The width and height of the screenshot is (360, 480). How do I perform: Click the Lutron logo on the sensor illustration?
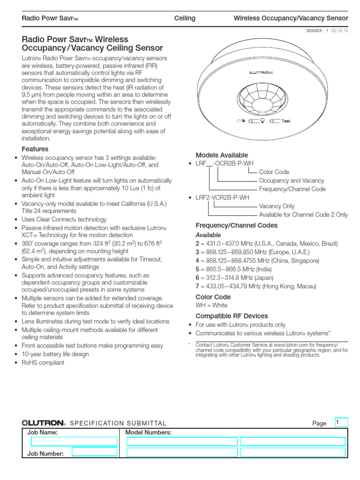tap(274, 72)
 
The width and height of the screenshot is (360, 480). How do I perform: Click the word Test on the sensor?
tap(286, 121)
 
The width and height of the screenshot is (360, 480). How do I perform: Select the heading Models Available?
tap(222, 155)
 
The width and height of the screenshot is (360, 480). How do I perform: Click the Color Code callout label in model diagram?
tap(274, 172)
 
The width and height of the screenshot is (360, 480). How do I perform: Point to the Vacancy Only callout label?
tap(277, 206)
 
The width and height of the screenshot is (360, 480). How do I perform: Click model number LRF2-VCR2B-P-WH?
tap(222, 198)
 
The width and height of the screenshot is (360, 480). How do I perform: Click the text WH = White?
tap(211, 305)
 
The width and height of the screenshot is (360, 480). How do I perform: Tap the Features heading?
tap(35, 149)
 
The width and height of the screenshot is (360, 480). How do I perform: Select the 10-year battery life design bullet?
tap(55, 354)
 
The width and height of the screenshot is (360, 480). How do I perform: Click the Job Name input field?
tap(74, 442)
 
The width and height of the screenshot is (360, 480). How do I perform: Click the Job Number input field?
tap(95, 452)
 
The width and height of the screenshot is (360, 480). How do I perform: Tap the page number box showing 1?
tap(341, 422)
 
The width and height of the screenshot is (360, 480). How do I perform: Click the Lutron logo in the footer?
tap(43, 423)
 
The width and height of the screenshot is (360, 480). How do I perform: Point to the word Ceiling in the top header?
tap(185, 18)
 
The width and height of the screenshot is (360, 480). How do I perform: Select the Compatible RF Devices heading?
tap(232, 315)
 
